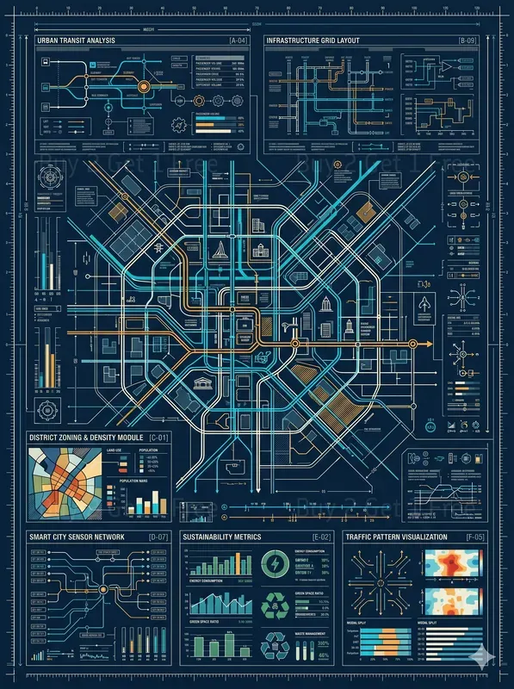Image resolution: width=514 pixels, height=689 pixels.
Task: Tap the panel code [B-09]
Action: point(468,40)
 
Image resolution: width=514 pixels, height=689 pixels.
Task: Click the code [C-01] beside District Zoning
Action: point(160,438)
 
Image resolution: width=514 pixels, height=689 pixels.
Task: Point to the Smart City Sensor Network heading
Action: point(77,537)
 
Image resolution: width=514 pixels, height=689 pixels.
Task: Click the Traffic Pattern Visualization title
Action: point(396,537)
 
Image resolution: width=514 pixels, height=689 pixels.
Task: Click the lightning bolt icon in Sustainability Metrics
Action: point(275,564)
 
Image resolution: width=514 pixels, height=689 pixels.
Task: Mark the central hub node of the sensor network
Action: point(104,588)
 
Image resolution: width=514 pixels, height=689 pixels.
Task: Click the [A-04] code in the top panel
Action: point(237,40)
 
